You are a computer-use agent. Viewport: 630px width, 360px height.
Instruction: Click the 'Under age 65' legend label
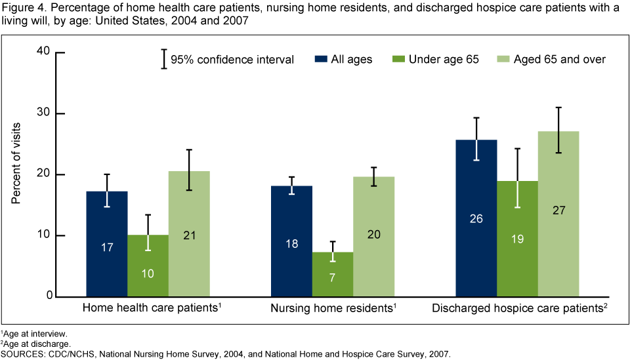click(444, 59)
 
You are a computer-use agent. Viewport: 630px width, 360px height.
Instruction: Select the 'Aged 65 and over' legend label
click(559, 59)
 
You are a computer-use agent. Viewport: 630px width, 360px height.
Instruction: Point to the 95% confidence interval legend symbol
click(163, 59)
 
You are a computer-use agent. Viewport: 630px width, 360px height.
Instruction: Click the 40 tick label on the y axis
click(43, 52)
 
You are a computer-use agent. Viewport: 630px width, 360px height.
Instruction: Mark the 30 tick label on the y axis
click(43, 113)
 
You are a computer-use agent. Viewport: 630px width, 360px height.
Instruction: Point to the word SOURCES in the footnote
click(22, 353)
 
